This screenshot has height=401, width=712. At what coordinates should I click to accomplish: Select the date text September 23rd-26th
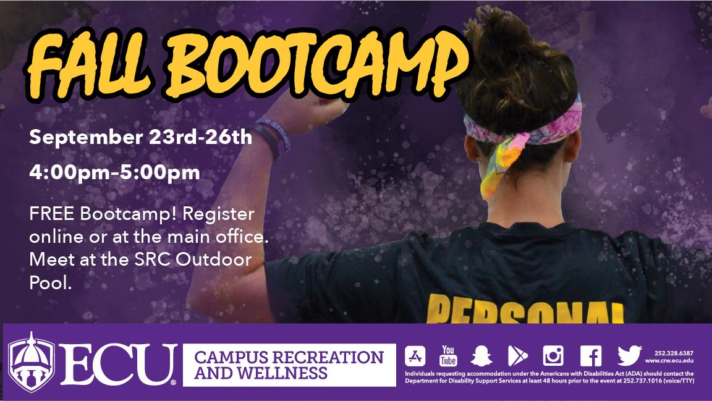coord(141,137)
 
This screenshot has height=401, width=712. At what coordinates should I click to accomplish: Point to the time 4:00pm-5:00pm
coord(114,172)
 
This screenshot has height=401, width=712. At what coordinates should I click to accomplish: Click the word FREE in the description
coord(51,215)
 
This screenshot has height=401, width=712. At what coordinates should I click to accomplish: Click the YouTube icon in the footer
coord(448,355)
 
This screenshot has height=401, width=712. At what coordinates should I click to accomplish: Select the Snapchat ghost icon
coord(482,356)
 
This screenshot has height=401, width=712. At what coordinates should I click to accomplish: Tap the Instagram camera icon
coord(553,356)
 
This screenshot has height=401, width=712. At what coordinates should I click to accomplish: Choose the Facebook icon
coord(590,356)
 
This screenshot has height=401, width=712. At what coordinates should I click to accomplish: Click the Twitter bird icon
coord(629,356)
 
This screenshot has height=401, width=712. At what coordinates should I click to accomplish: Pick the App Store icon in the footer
coord(415,356)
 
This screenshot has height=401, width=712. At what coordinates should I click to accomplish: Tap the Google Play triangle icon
coord(517,356)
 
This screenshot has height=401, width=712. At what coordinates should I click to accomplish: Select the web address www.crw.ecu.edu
coord(669,360)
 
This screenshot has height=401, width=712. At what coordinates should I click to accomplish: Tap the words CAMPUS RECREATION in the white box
coord(289,357)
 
